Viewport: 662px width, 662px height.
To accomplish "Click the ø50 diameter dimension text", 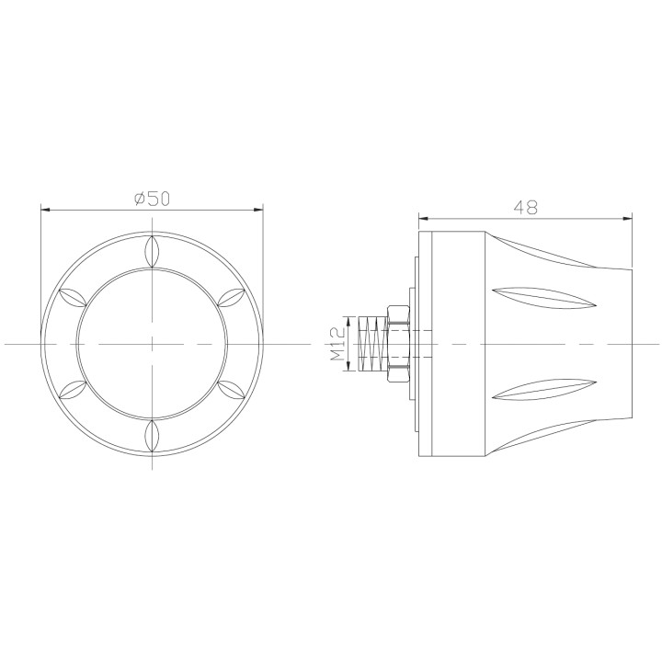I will point(152,198).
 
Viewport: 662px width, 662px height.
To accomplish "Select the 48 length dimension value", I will point(526,208).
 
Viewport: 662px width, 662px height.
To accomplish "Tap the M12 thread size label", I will point(337,344).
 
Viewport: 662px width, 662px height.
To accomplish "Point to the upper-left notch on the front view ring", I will point(71,296).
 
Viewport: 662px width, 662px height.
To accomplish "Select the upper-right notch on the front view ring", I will point(231,296).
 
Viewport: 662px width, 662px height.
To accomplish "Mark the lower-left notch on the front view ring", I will point(71,390).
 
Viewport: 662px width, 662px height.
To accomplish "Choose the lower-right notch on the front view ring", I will point(231,390).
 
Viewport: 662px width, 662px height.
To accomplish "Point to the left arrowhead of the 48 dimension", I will point(424,219).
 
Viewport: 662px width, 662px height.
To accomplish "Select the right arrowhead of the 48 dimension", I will point(628,219).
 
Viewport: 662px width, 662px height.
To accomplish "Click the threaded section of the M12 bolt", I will point(372,344).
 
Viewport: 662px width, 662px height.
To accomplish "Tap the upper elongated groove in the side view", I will point(538,296).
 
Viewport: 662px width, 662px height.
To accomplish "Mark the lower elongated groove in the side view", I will point(538,392).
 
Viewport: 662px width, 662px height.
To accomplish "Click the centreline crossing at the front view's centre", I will point(152,343).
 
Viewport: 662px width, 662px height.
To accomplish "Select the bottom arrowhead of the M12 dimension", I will point(348,367).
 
